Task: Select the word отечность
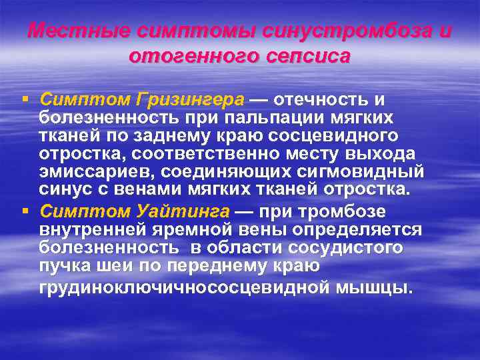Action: coord(319,100)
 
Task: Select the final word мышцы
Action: coord(379,288)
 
